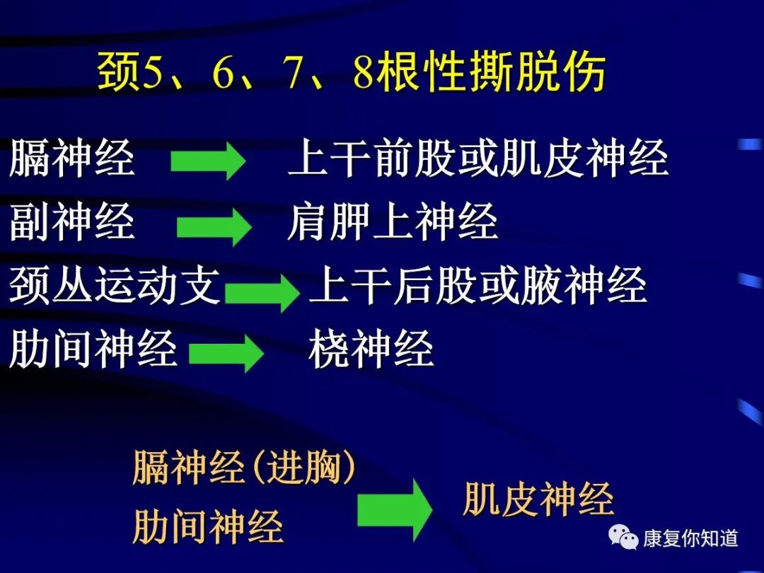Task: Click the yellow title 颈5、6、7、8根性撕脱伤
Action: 351,72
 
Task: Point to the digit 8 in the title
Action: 364,73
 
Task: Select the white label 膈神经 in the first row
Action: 72,157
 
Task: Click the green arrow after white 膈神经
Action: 208,161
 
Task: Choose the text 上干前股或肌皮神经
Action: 478,157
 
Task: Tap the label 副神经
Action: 72,221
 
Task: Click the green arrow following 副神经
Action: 214,226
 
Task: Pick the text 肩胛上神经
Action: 393,221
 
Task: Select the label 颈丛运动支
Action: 115,285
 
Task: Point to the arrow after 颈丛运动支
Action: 262,291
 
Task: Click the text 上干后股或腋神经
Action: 478,285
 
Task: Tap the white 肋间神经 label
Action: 93,348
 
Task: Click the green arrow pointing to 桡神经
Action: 226,353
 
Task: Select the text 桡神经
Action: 371,348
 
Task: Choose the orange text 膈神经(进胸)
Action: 243,468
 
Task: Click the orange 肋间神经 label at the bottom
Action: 208,526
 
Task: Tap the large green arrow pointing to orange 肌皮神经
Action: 395,509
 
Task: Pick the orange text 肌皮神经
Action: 538,499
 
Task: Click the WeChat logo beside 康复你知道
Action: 623,537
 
